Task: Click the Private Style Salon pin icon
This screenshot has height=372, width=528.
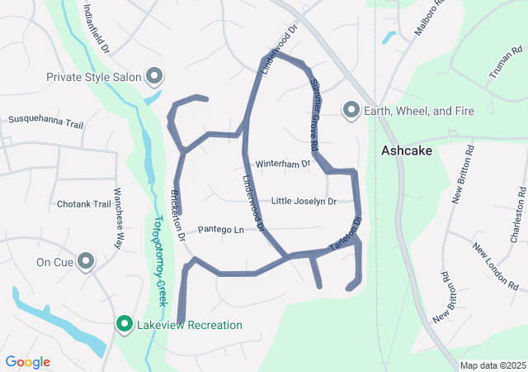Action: [154, 77]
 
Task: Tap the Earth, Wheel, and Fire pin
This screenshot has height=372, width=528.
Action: [351, 110]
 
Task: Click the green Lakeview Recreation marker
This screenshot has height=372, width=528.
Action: [125, 325]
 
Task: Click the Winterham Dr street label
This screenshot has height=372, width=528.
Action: [282, 164]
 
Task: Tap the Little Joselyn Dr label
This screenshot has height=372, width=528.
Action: [304, 201]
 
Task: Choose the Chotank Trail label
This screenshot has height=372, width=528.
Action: [83, 204]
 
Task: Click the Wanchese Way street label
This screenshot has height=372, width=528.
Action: [118, 229]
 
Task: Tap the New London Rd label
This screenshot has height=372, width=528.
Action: [494, 265]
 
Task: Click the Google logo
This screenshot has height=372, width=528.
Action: [28, 362]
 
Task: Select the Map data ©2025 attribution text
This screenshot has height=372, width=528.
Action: [492, 365]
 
